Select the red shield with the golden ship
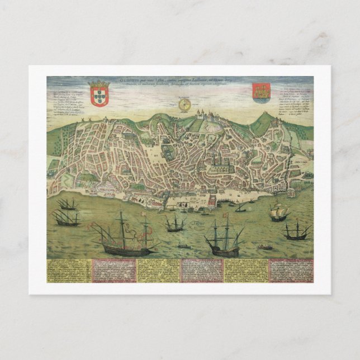tap(260, 91)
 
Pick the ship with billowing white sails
tap(278, 211)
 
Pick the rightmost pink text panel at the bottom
tap(290, 271)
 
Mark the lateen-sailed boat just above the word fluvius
tap(241, 208)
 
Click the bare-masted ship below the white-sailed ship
tap(296, 230)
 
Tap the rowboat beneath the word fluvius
tap(268, 247)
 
